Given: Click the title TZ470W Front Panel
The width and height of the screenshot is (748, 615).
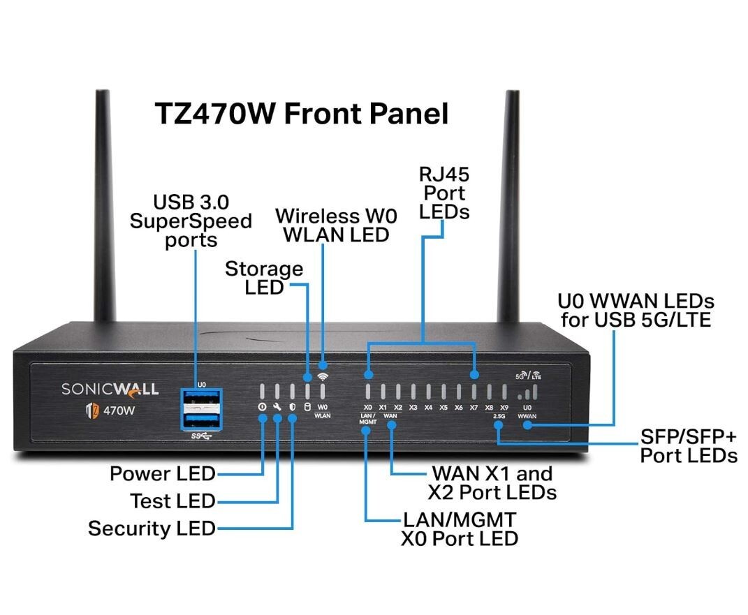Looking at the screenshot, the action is click(x=302, y=114).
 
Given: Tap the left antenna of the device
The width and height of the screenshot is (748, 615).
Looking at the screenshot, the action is click(x=105, y=206).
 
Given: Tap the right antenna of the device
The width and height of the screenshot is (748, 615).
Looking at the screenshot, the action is click(x=509, y=206).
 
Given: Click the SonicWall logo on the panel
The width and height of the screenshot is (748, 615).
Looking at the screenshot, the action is click(x=110, y=390).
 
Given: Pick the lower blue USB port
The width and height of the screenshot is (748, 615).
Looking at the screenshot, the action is click(x=201, y=420).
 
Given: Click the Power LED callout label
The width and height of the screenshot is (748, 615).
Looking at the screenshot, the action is click(x=163, y=473).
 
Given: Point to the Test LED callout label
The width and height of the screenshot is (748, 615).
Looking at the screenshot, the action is click(x=173, y=501).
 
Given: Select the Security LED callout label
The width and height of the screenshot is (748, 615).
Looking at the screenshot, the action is click(x=152, y=528).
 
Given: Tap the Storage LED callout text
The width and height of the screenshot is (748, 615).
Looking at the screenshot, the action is click(x=264, y=279).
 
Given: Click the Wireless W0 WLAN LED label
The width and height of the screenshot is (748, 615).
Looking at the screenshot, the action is click(x=337, y=225).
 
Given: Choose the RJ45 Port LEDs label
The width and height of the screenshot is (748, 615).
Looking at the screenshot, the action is click(x=444, y=193).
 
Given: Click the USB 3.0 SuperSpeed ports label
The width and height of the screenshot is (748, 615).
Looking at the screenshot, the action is click(x=191, y=221).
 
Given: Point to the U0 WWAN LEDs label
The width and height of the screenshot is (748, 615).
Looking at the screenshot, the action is click(x=636, y=311).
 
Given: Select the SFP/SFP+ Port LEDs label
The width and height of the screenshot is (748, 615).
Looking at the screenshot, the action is click(x=689, y=446).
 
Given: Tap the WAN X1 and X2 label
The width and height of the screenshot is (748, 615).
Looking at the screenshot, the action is click(x=492, y=483).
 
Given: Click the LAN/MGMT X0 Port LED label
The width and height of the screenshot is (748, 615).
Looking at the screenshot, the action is click(x=460, y=529).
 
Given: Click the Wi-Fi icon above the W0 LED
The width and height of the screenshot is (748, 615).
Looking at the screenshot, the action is click(x=323, y=377).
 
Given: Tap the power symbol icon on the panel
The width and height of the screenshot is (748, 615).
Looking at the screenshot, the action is click(x=262, y=407).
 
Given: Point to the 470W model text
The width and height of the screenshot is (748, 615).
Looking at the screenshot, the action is click(x=119, y=410).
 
